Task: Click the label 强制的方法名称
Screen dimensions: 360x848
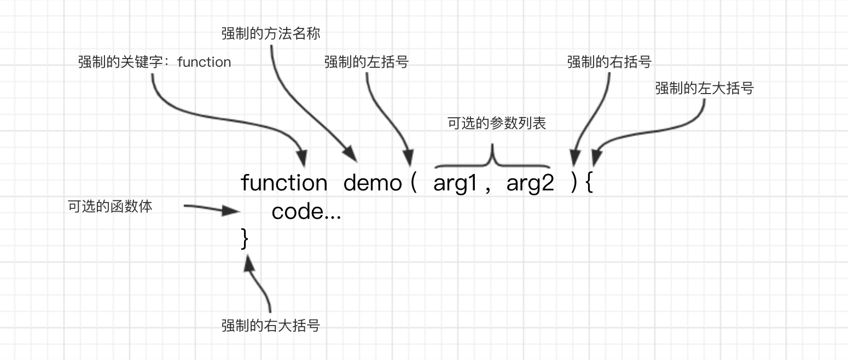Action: (271, 33)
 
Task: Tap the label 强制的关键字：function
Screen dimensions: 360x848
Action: (154, 62)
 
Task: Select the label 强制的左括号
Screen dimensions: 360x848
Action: (366, 62)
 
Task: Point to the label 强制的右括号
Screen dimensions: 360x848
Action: (609, 62)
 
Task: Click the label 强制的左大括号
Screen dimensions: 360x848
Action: (704, 88)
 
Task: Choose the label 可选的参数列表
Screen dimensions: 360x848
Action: (497, 123)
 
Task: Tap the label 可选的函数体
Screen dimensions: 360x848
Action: (110, 207)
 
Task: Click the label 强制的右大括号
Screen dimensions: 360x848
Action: (271, 326)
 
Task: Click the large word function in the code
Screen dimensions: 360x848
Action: (284, 183)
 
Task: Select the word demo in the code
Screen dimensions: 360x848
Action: (372, 183)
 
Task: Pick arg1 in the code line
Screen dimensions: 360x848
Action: (455, 183)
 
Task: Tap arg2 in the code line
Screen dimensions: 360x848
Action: (530, 183)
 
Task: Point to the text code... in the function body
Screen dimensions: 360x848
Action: (306, 212)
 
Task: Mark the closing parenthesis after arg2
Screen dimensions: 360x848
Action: (574, 183)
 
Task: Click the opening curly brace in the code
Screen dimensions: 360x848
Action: (589, 183)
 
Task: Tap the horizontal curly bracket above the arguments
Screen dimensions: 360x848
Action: (492, 159)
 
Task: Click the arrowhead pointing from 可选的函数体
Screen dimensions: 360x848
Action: (232, 211)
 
